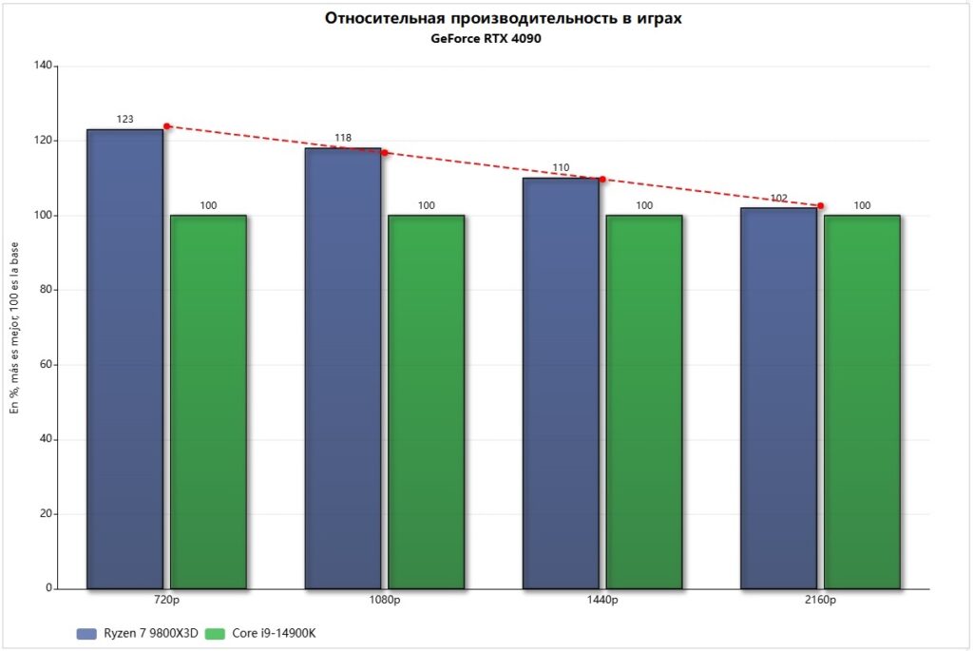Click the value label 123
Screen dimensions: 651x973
coord(124,120)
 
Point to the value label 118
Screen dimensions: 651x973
coord(343,138)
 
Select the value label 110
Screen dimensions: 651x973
coord(561,168)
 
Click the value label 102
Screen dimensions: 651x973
coord(779,199)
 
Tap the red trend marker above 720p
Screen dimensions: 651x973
coord(167,126)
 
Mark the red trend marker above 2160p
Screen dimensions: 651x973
coord(821,205)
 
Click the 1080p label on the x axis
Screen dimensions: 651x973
coord(385,601)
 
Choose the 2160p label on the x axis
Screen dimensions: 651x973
coord(820,601)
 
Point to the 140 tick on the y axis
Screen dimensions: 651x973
coord(42,66)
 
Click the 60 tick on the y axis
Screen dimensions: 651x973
coord(45,365)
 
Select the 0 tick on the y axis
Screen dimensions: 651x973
coord(48,589)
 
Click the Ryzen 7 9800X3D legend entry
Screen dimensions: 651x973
coord(137,633)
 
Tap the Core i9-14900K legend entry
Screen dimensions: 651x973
coord(261,633)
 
